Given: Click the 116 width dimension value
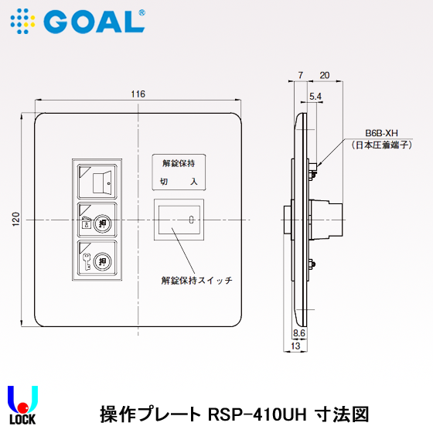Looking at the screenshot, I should [x=138, y=94].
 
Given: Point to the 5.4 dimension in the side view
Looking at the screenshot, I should [x=315, y=97].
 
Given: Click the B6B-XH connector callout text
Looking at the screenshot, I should [x=370, y=133].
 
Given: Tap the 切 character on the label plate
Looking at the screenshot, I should [x=163, y=182].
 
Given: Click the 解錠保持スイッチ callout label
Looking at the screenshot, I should [x=196, y=280].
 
